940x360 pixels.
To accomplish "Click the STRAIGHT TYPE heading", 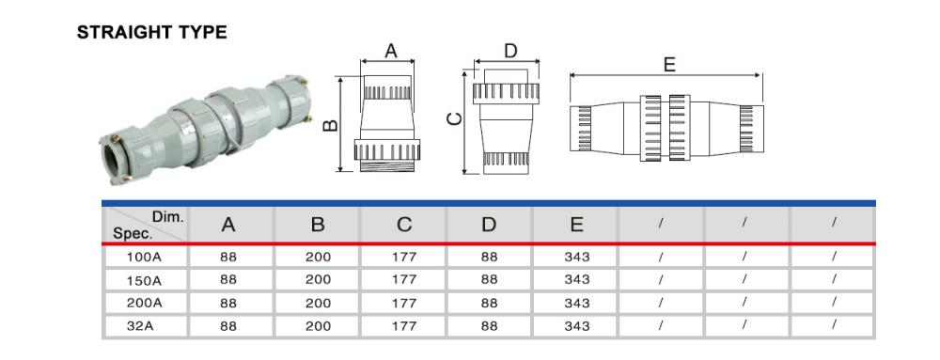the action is [x=151, y=32].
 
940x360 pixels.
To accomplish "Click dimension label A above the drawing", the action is [x=391, y=51].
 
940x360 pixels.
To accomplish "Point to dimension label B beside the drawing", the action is [x=330, y=126].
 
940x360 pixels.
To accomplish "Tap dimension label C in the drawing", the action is [x=455, y=119].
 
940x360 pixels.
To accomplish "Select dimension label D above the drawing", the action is [x=510, y=51].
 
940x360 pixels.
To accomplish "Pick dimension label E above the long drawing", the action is [x=669, y=64].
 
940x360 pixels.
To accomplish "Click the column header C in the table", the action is [x=404, y=225].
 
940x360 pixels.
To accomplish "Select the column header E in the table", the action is [x=577, y=225].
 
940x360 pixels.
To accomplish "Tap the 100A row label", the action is [x=145, y=258].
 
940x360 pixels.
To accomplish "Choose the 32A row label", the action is [x=145, y=326].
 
